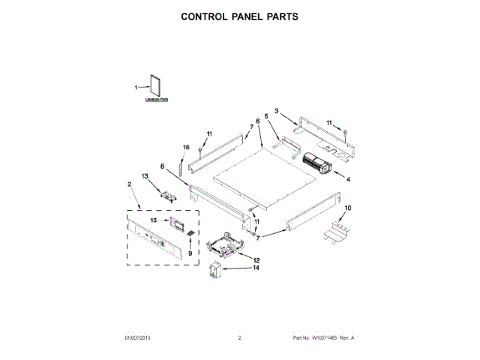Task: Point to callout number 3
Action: coord(276,111)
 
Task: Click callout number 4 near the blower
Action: coord(347,178)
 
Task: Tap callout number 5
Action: coord(266,117)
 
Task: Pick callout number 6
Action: coord(258,121)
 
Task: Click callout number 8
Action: coord(162,166)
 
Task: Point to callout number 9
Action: coord(190,253)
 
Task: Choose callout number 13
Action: coord(145,176)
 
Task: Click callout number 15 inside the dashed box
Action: coord(154,220)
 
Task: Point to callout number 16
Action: coord(186,147)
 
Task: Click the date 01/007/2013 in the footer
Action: coord(139,338)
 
